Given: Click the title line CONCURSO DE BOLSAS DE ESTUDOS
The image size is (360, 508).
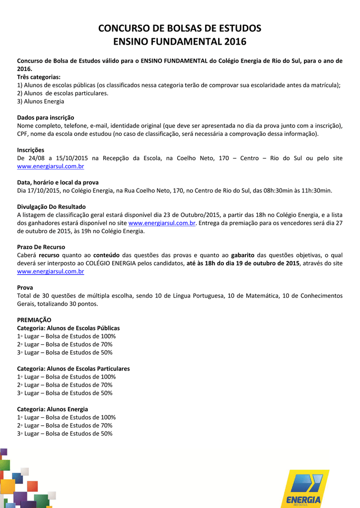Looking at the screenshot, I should click(180, 28).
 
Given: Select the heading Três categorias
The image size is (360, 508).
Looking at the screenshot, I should click(39, 77).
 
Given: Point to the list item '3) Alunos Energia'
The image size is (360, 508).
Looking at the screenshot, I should click(41, 101).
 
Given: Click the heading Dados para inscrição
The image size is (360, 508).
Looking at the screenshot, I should click(46, 118).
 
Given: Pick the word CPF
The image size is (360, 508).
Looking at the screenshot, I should click(23, 134).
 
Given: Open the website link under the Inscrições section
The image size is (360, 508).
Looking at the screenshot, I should click(51, 166).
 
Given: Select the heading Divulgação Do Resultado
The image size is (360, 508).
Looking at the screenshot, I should click(51, 207).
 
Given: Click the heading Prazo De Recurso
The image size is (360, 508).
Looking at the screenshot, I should click(41, 247).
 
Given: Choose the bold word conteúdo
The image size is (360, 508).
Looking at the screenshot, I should click(106, 255).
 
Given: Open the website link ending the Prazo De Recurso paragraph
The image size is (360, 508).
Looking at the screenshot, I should click(51, 271).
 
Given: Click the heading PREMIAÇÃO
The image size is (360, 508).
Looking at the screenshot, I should click(34, 320).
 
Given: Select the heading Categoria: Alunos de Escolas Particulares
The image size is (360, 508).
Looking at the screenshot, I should click(73, 369).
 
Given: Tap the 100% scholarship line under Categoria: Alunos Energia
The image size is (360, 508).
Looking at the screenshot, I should click(67, 417).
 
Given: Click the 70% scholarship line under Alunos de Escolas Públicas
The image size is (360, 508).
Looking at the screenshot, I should click(65, 344).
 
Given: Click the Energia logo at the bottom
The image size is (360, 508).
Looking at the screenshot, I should click(303, 489).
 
